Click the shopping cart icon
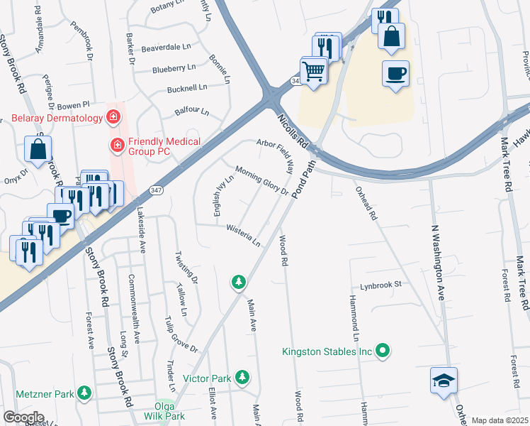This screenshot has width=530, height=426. [313, 70]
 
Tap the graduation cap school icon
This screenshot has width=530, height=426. [444, 381]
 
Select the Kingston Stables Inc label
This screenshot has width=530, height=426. [327, 351]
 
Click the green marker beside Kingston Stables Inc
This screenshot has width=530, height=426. [383, 349]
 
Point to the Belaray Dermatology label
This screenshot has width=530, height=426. [56, 116]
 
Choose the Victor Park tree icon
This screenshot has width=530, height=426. [243, 376]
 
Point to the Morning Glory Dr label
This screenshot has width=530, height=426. [261, 180]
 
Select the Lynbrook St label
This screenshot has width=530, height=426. [380, 285]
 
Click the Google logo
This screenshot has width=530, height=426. [23, 417]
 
